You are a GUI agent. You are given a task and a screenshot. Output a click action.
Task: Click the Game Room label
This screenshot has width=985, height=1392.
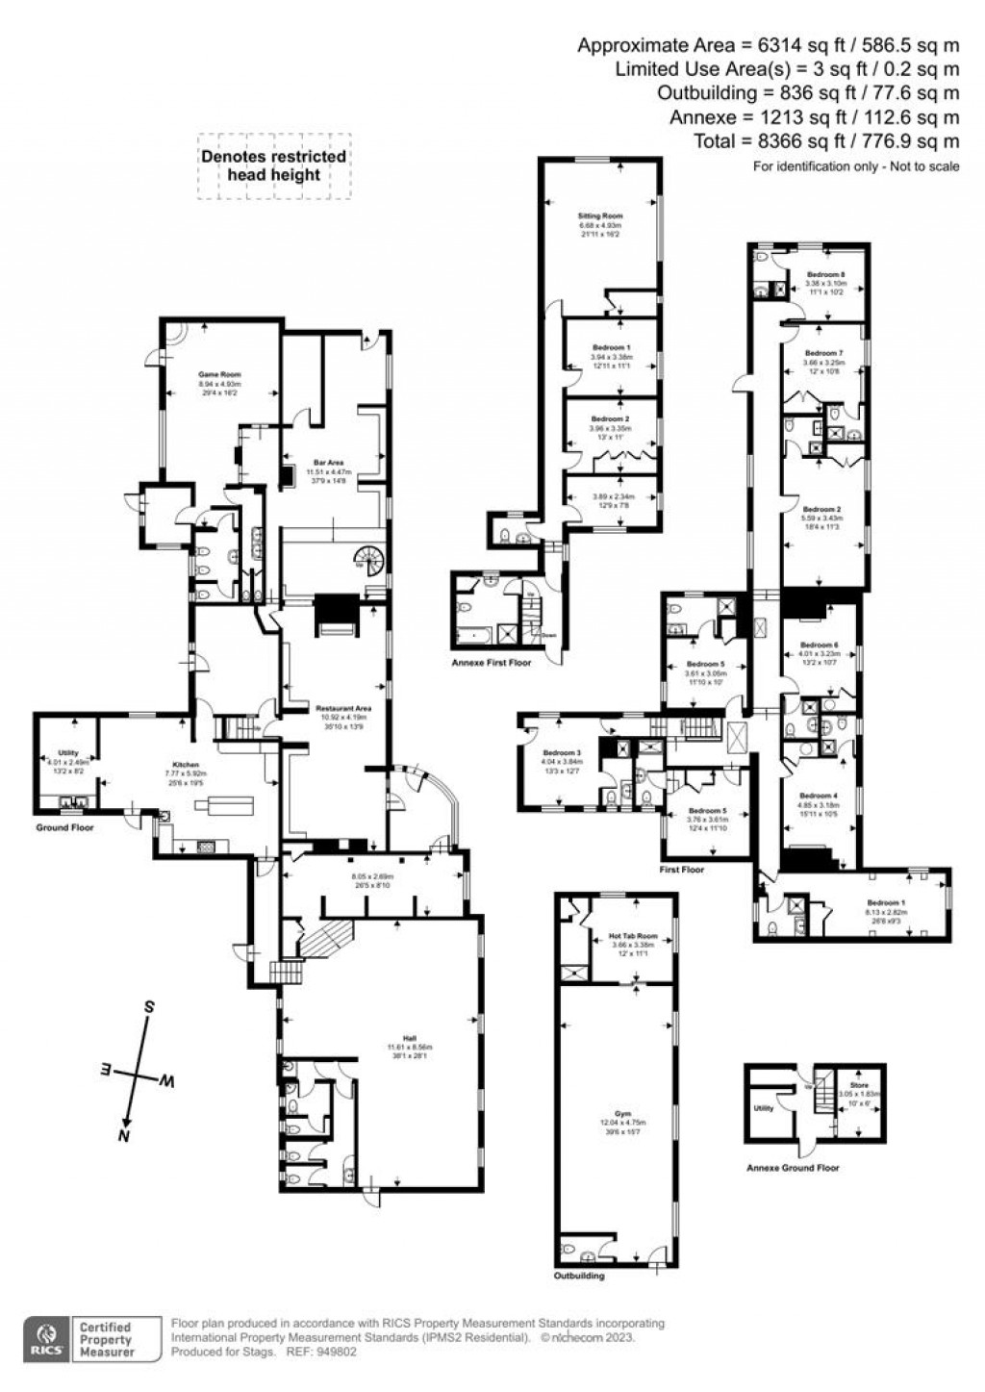tap(219, 374)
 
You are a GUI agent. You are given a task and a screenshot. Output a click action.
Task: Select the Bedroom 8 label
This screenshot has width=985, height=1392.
tap(825, 274)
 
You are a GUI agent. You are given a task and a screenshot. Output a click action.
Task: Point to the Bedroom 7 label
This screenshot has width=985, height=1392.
tap(822, 353)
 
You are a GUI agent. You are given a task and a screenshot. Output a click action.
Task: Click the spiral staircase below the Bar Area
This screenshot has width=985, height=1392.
tap(367, 557)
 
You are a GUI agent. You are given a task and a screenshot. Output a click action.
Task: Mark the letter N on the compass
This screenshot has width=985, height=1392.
tap(123, 1136)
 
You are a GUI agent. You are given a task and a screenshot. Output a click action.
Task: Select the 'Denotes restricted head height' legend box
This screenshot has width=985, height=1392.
tap(274, 165)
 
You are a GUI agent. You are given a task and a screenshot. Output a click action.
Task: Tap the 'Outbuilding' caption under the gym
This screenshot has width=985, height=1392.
tap(581, 1276)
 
